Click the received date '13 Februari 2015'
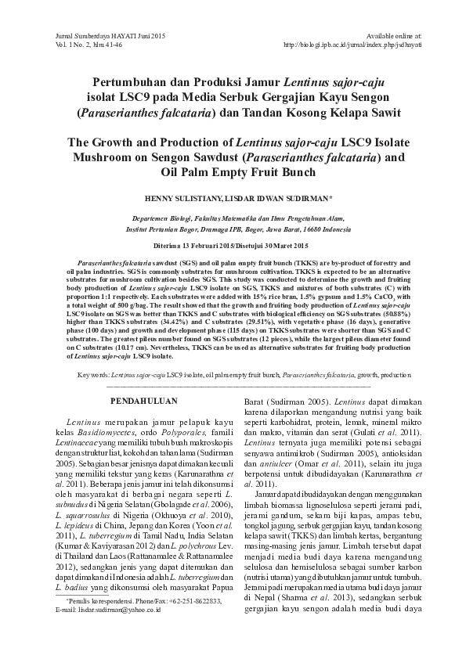click(x=207, y=245)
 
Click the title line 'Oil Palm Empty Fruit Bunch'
click(x=233, y=172)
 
